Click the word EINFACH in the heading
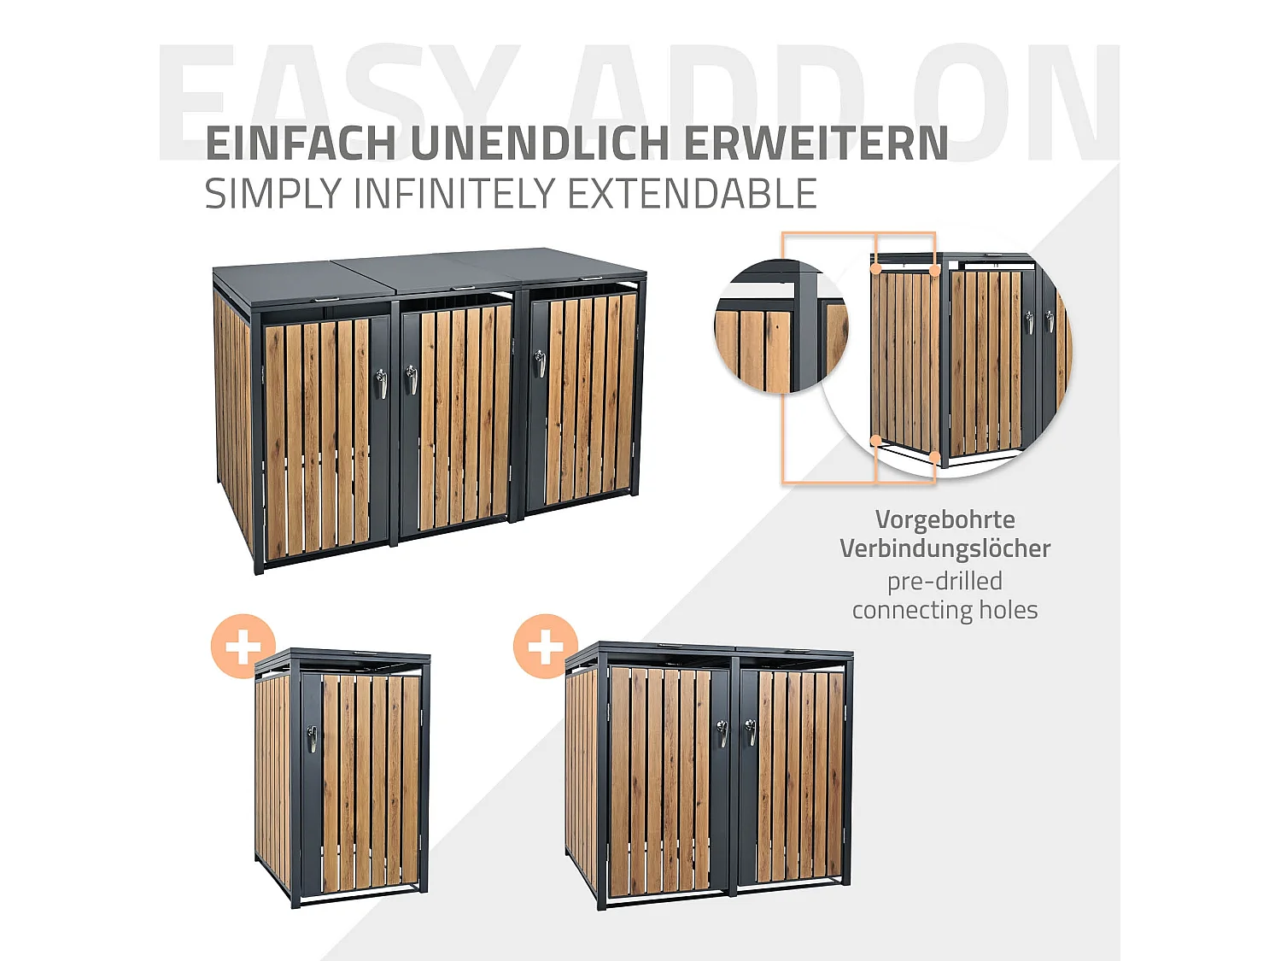(301, 144)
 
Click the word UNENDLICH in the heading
(540, 144)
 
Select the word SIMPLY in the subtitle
(272, 194)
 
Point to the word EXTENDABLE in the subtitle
(693, 194)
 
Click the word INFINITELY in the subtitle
(459, 194)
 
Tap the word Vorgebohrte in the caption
(945, 519)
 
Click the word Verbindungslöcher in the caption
(945, 548)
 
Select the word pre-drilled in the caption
(945, 581)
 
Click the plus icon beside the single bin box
(243, 647)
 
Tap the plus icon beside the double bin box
(546, 647)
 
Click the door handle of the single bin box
(313, 739)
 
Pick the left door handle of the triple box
(382, 384)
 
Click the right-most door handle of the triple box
(539, 363)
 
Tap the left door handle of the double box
(723, 733)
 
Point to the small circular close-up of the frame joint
(780, 327)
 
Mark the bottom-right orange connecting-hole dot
(935, 459)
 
